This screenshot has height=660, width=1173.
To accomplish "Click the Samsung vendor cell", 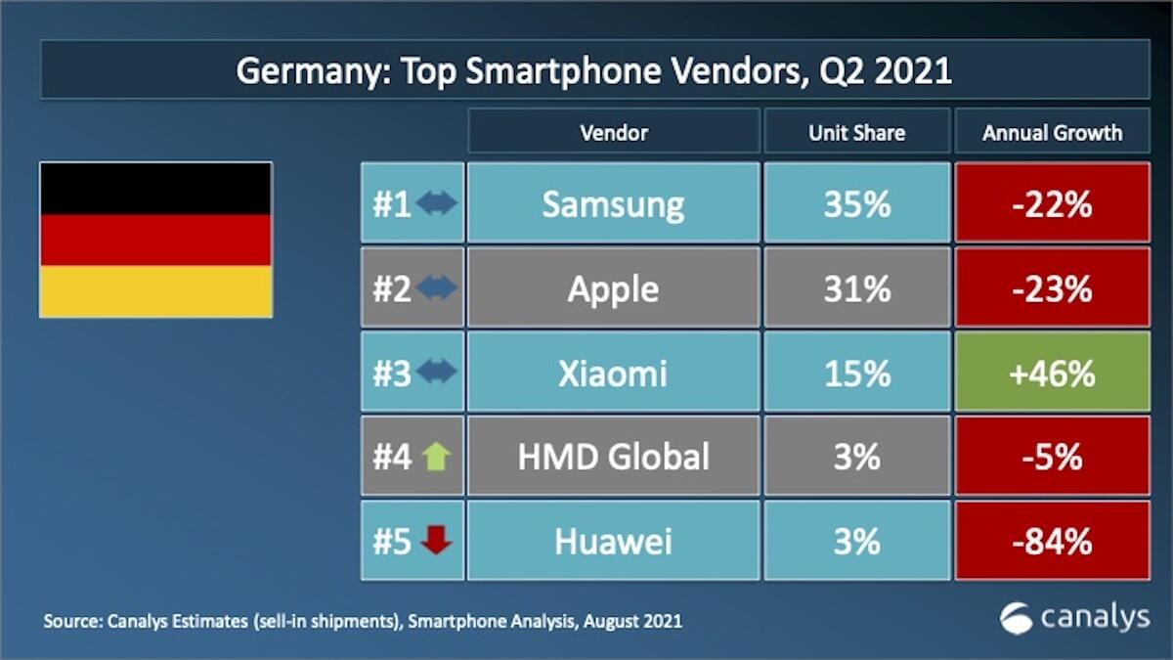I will coord(613,203).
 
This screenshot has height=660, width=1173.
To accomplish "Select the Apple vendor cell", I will coord(613,287).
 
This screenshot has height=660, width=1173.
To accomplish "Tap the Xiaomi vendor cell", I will coord(613,372).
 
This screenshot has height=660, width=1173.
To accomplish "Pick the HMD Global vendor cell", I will coord(613,456).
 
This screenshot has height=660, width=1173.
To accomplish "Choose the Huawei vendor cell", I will coord(613,541).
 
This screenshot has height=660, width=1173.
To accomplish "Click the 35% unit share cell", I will coord(856,203).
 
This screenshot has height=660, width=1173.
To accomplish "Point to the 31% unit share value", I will coord(856,288).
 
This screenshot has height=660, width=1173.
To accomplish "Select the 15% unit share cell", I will coord(856,372).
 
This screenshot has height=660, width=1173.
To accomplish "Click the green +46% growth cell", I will coord(1052,372).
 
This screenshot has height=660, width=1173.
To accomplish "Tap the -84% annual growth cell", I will coord(1052,541).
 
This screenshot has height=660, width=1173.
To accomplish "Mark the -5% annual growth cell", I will coord(1052,456).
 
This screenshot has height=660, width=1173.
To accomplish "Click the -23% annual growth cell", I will coord(1052,287).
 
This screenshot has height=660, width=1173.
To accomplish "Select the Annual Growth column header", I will coord(1052,131).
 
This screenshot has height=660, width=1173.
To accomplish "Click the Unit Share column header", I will coord(856,131).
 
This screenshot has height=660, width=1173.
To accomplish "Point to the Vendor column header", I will coord(613,131).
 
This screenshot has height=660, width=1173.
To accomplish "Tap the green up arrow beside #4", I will coord(435,457).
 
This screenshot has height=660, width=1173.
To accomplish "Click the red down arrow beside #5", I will coord(435,541).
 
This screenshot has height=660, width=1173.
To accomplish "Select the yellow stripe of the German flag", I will coord(155,291).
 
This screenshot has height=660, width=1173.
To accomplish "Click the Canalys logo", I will coord(1074,617).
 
